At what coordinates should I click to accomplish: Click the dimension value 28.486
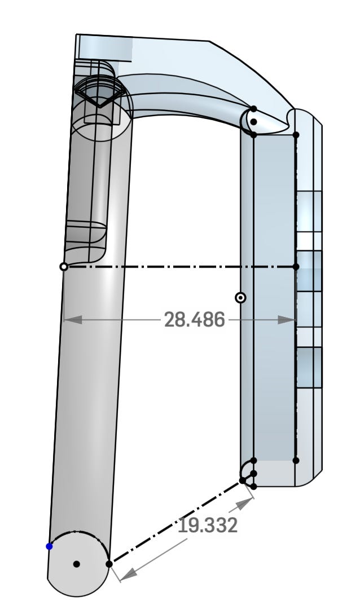tap(194, 320)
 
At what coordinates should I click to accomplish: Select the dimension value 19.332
tap(208, 526)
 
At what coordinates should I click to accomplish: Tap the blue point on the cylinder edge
tap(50, 546)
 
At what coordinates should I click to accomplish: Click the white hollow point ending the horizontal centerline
tap(64, 267)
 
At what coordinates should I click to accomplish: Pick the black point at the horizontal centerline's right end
tap(296, 267)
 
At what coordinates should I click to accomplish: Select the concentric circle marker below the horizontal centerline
tap(240, 298)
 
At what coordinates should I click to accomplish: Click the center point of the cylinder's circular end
tap(77, 564)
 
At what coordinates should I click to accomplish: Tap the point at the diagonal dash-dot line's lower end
tap(109, 564)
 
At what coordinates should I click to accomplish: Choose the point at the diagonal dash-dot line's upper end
tap(243, 480)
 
